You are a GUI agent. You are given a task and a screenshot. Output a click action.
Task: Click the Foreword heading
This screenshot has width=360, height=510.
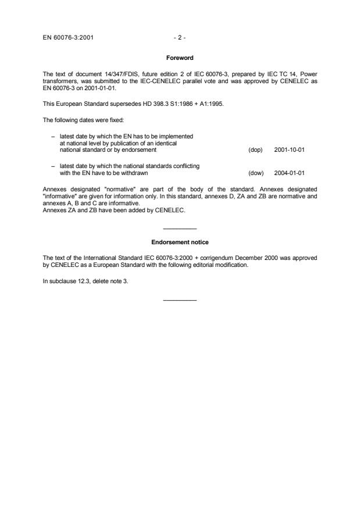point(180,58)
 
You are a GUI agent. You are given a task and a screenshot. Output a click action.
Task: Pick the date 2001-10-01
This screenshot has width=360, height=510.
point(290,149)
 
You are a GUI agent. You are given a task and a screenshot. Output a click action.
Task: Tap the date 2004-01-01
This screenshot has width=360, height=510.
point(290,173)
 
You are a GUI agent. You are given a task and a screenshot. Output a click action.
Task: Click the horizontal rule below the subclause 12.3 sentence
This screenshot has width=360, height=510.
point(180,299)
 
